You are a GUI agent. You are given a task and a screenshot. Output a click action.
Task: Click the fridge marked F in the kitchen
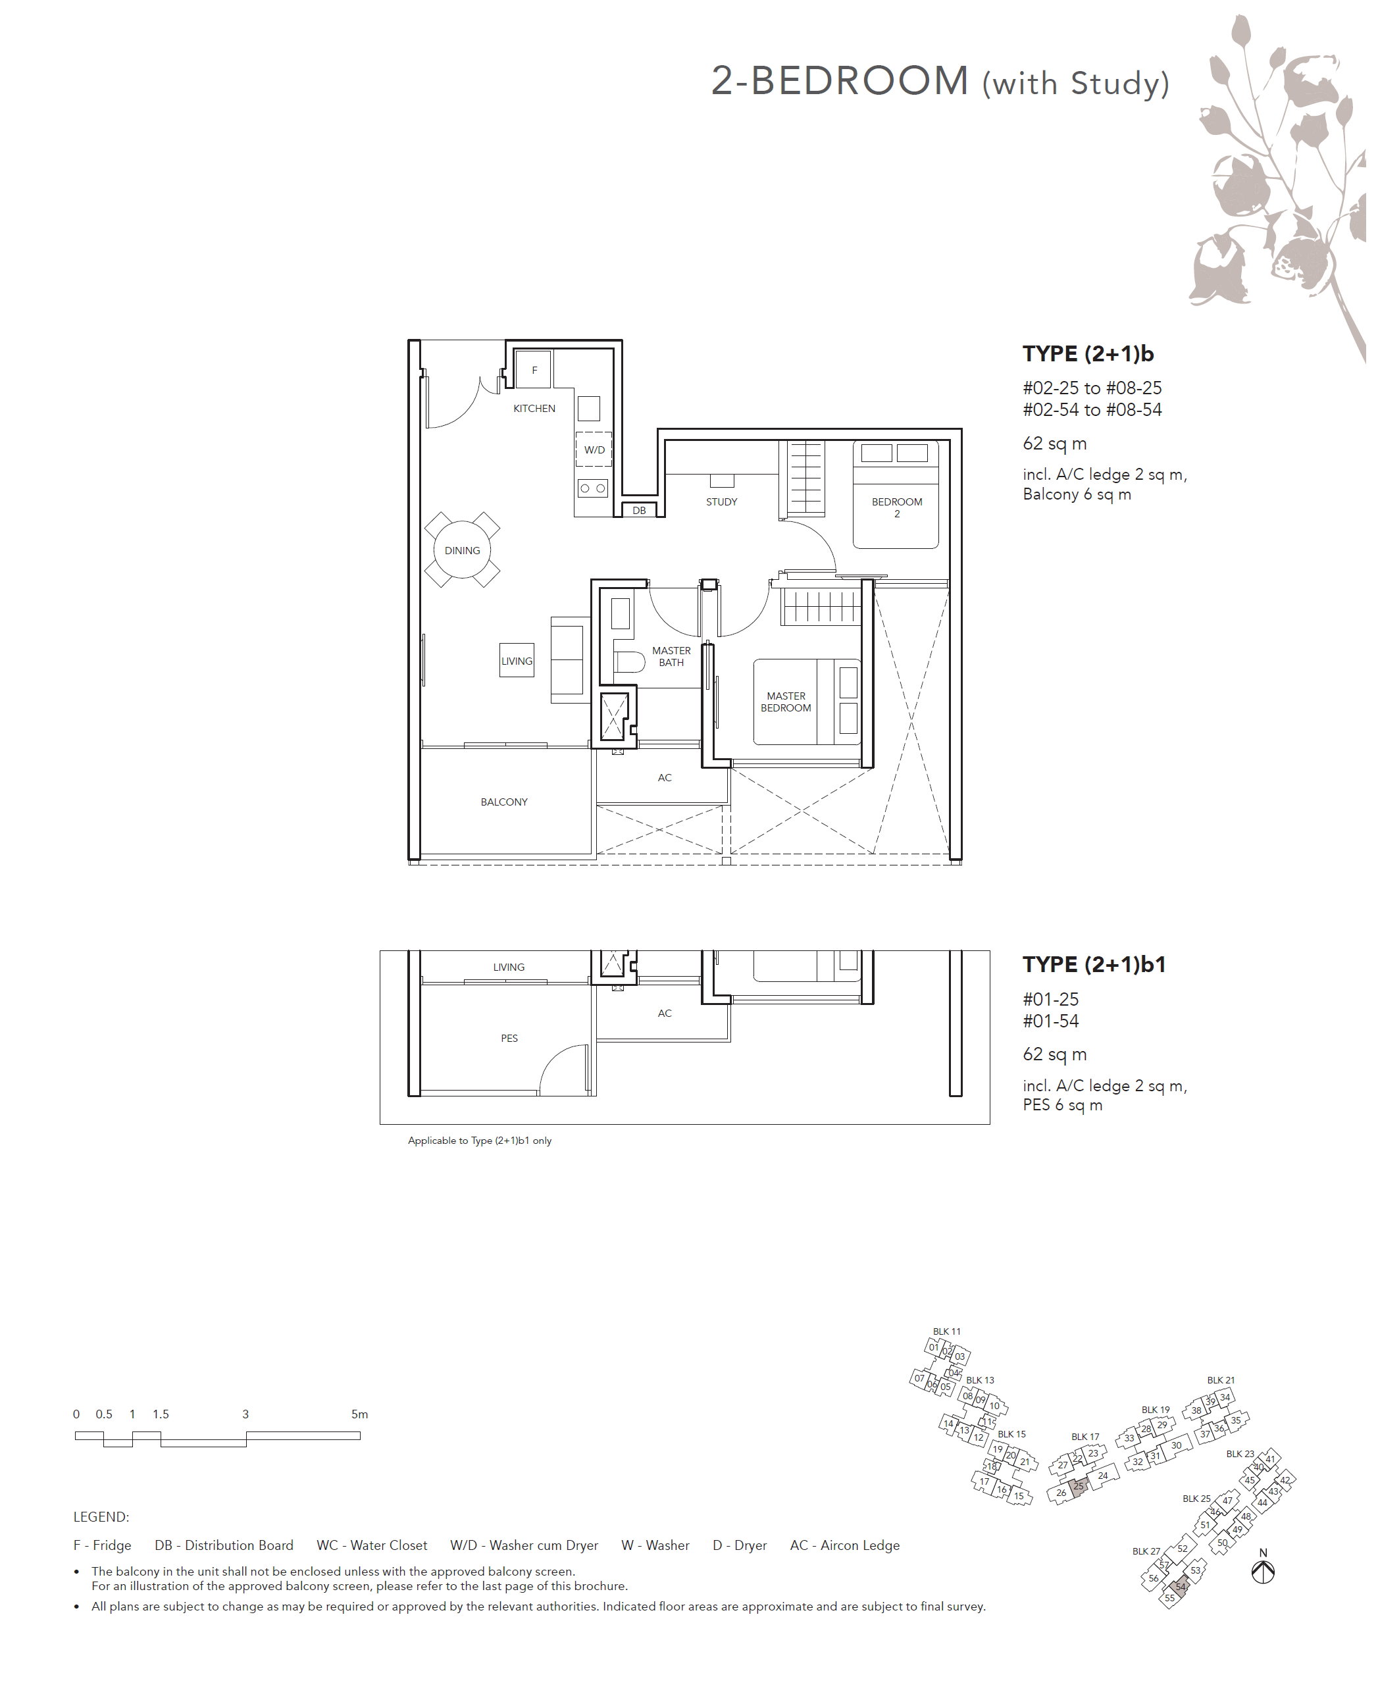click(534, 370)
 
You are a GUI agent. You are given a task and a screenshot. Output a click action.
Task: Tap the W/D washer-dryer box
click(594, 450)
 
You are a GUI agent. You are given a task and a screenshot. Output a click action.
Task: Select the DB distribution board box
click(640, 510)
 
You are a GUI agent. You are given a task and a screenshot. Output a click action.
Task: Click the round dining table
click(462, 550)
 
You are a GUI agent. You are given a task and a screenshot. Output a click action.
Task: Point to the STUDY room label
click(721, 502)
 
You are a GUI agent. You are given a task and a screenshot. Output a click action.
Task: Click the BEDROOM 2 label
click(897, 507)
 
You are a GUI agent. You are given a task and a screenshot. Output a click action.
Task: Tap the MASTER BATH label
click(671, 656)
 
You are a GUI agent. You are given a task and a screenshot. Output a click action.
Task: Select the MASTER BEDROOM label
click(786, 702)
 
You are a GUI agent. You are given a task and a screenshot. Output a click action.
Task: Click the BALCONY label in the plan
click(504, 802)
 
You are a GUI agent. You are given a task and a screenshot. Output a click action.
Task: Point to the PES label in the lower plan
click(509, 1038)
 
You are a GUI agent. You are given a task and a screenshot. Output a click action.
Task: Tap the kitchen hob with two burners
click(593, 488)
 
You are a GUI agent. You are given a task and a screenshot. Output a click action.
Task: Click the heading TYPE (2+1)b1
click(1094, 965)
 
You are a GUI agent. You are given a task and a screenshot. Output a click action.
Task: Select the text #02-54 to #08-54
click(1092, 409)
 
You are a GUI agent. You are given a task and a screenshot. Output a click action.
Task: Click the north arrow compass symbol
click(1263, 1572)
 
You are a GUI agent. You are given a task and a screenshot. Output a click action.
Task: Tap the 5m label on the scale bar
click(359, 1414)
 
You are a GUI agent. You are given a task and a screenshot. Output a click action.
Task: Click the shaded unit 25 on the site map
click(1078, 1487)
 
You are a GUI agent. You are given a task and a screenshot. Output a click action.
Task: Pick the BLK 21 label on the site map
click(1221, 1380)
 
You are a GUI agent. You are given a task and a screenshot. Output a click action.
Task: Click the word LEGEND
click(101, 1516)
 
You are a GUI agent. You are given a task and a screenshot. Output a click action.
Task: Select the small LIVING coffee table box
click(517, 660)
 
